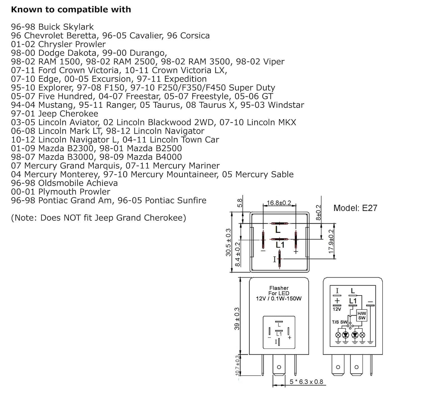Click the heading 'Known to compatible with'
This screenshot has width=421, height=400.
tap(71, 10)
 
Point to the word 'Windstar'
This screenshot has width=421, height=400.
tap(286, 105)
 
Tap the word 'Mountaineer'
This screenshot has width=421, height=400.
tap(193, 175)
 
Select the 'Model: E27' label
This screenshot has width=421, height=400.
tap(355, 208)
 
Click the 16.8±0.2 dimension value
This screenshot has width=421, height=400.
tap(279, 203)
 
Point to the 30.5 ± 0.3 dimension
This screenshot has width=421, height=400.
tap(228, 242)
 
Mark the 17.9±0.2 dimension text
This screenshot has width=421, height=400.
tap(331, 241)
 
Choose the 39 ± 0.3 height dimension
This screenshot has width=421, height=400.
tap(237, 318)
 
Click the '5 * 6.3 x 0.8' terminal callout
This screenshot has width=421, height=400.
tap(306, 382)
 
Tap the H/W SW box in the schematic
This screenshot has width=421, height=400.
tap(361, 315)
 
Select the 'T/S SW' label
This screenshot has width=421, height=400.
tap(340, 322)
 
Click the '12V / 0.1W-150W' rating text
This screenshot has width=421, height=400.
tap(278, 299)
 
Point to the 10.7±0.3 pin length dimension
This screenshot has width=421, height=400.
tap(237, 365)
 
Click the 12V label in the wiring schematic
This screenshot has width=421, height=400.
tap(337, 309)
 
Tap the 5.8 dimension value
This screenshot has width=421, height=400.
tap(240, 203)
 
